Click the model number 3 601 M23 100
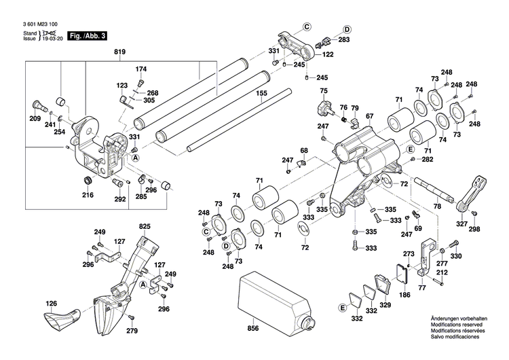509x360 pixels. point(32,24)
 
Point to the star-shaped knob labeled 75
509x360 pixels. point(323,107)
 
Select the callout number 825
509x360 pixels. point(145,226)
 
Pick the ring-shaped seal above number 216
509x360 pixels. point(87,180)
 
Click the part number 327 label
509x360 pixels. point(461,223)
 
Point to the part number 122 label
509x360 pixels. point(327,54)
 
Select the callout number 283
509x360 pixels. point(344,40)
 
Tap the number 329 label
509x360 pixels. point(385,306)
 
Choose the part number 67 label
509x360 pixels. point(369,116)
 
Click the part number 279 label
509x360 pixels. point(132,330)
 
